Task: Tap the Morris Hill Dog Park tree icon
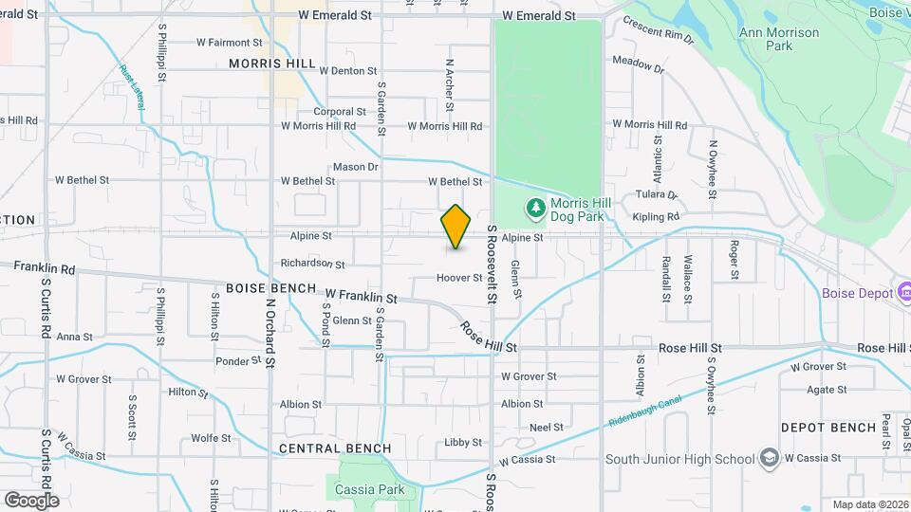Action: (536, 207)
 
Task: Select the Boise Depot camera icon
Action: (903, 293)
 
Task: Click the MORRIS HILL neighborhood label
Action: (271, 64)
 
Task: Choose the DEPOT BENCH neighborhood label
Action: (828, 428)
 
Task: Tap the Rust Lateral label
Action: (132, 86)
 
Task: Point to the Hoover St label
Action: (459, 279)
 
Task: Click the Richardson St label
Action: (312, 264)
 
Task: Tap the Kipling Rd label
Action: (655, 217)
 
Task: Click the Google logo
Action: (31, 500)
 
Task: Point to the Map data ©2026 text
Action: (869, 504)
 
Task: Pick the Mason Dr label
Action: (356, 167)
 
